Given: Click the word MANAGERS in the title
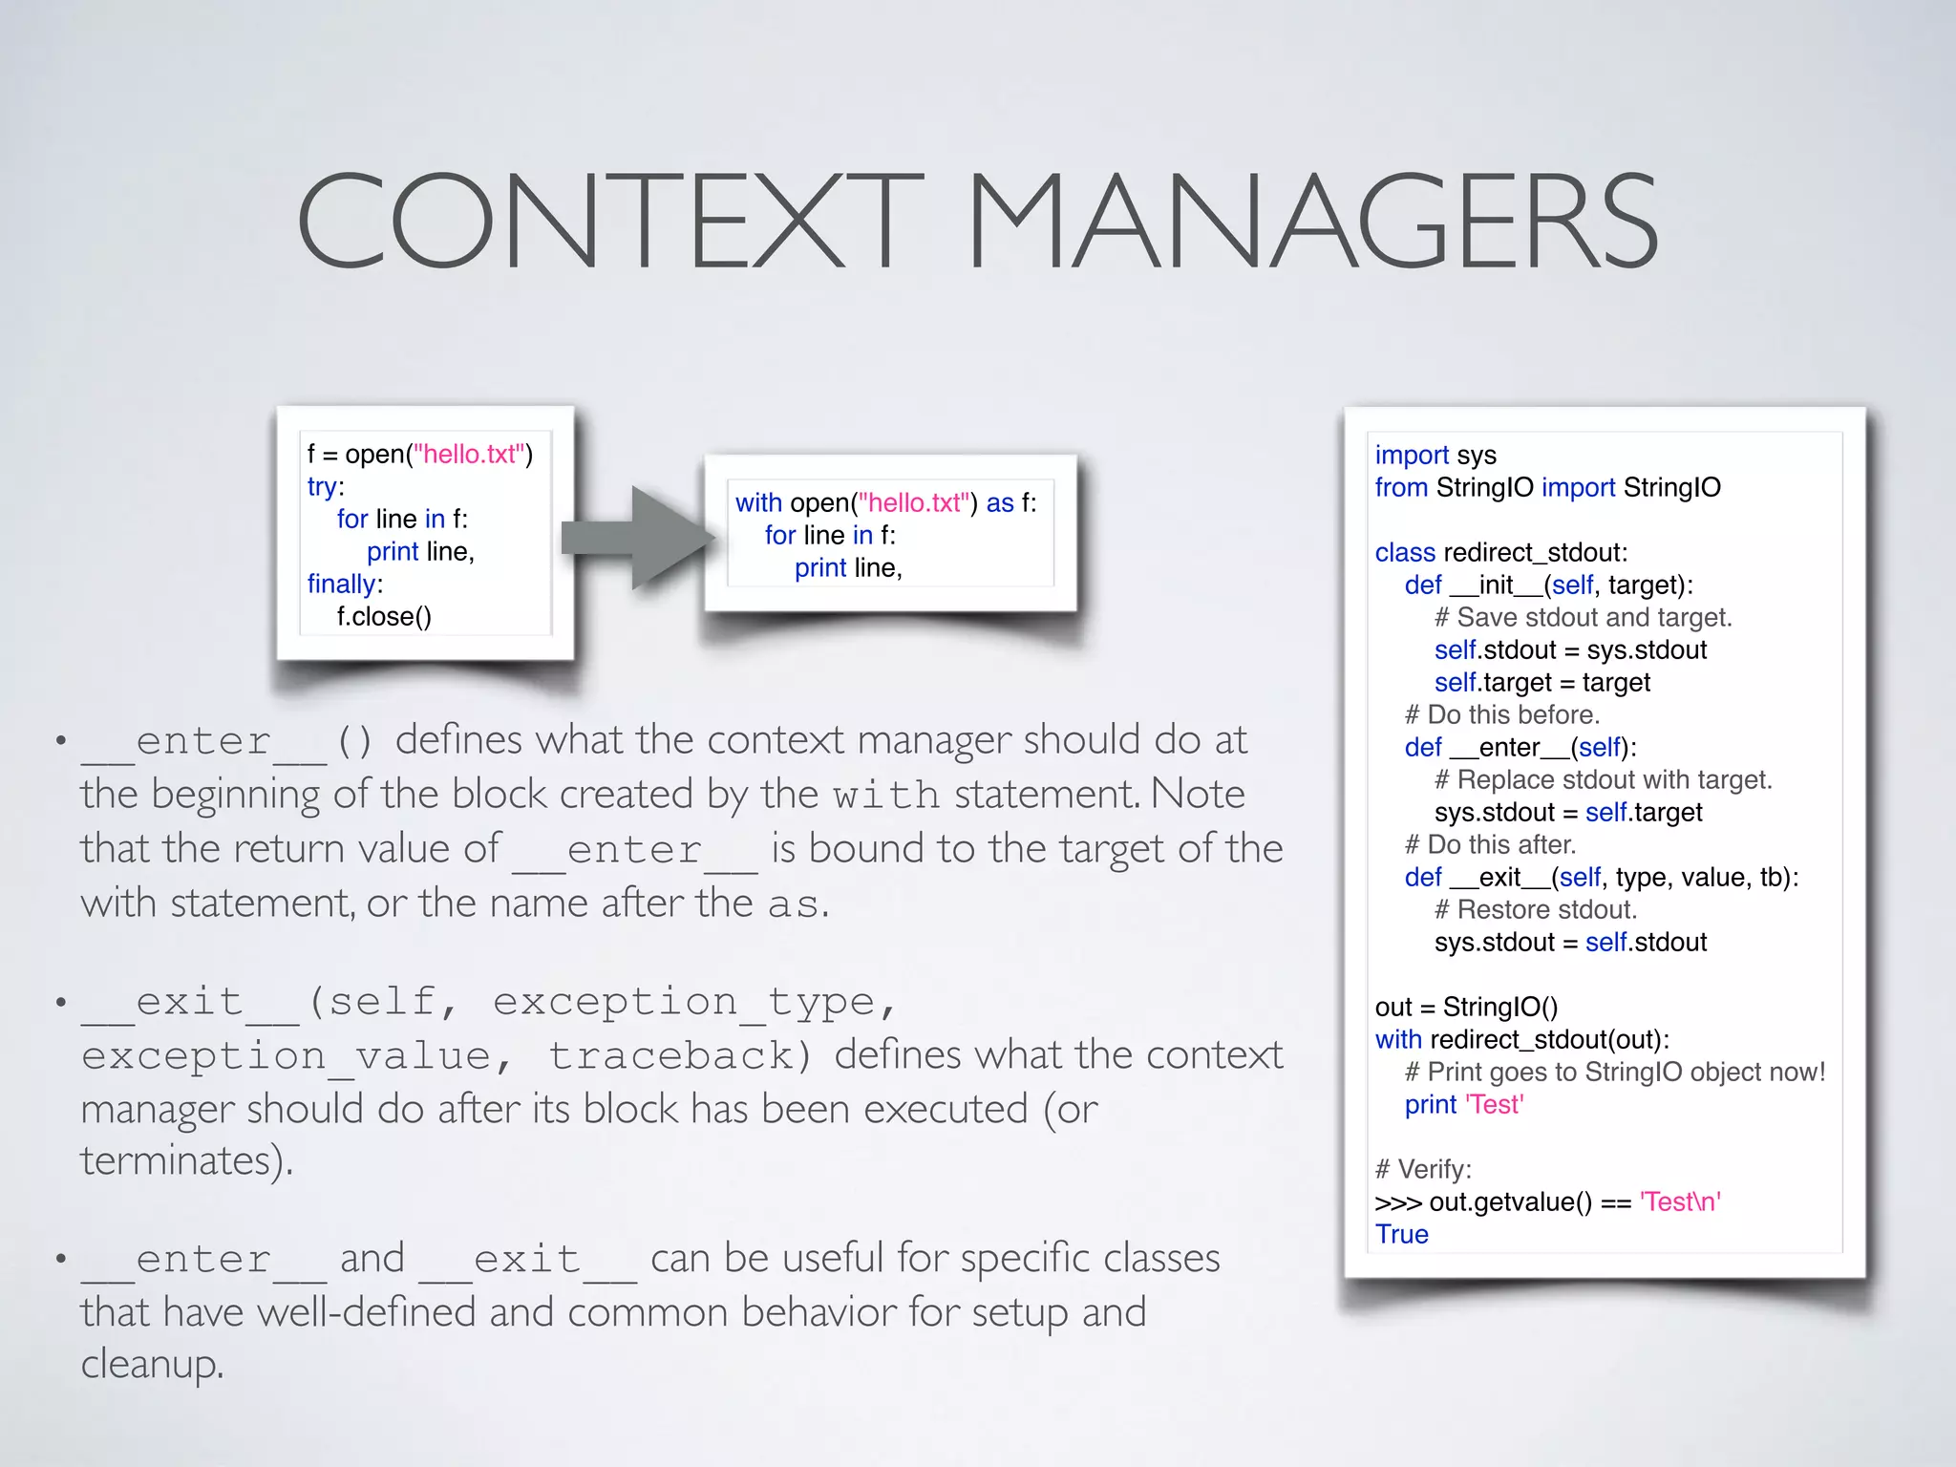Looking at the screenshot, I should tap(1312, 221).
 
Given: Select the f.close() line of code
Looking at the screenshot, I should tap(384, 617).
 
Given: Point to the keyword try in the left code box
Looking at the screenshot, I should tap(322, 487).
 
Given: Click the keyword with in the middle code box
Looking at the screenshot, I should tap(758, 503).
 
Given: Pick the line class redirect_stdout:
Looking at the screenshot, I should tap(1500, 553).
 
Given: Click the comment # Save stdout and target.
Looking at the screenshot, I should tap(1583, 618).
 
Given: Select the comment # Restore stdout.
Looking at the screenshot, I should tap(1535, 910).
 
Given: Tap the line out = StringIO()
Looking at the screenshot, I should tap(1466, 1008).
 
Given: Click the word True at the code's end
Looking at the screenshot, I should tap(1401, 1235).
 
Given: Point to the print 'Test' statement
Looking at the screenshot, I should tap(1463, 1105).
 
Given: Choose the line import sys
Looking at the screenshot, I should tap(1435, 456).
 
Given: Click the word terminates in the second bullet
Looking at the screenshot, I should tap(181, 1161).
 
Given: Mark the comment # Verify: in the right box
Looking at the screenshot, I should tap(1423, 1170).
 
